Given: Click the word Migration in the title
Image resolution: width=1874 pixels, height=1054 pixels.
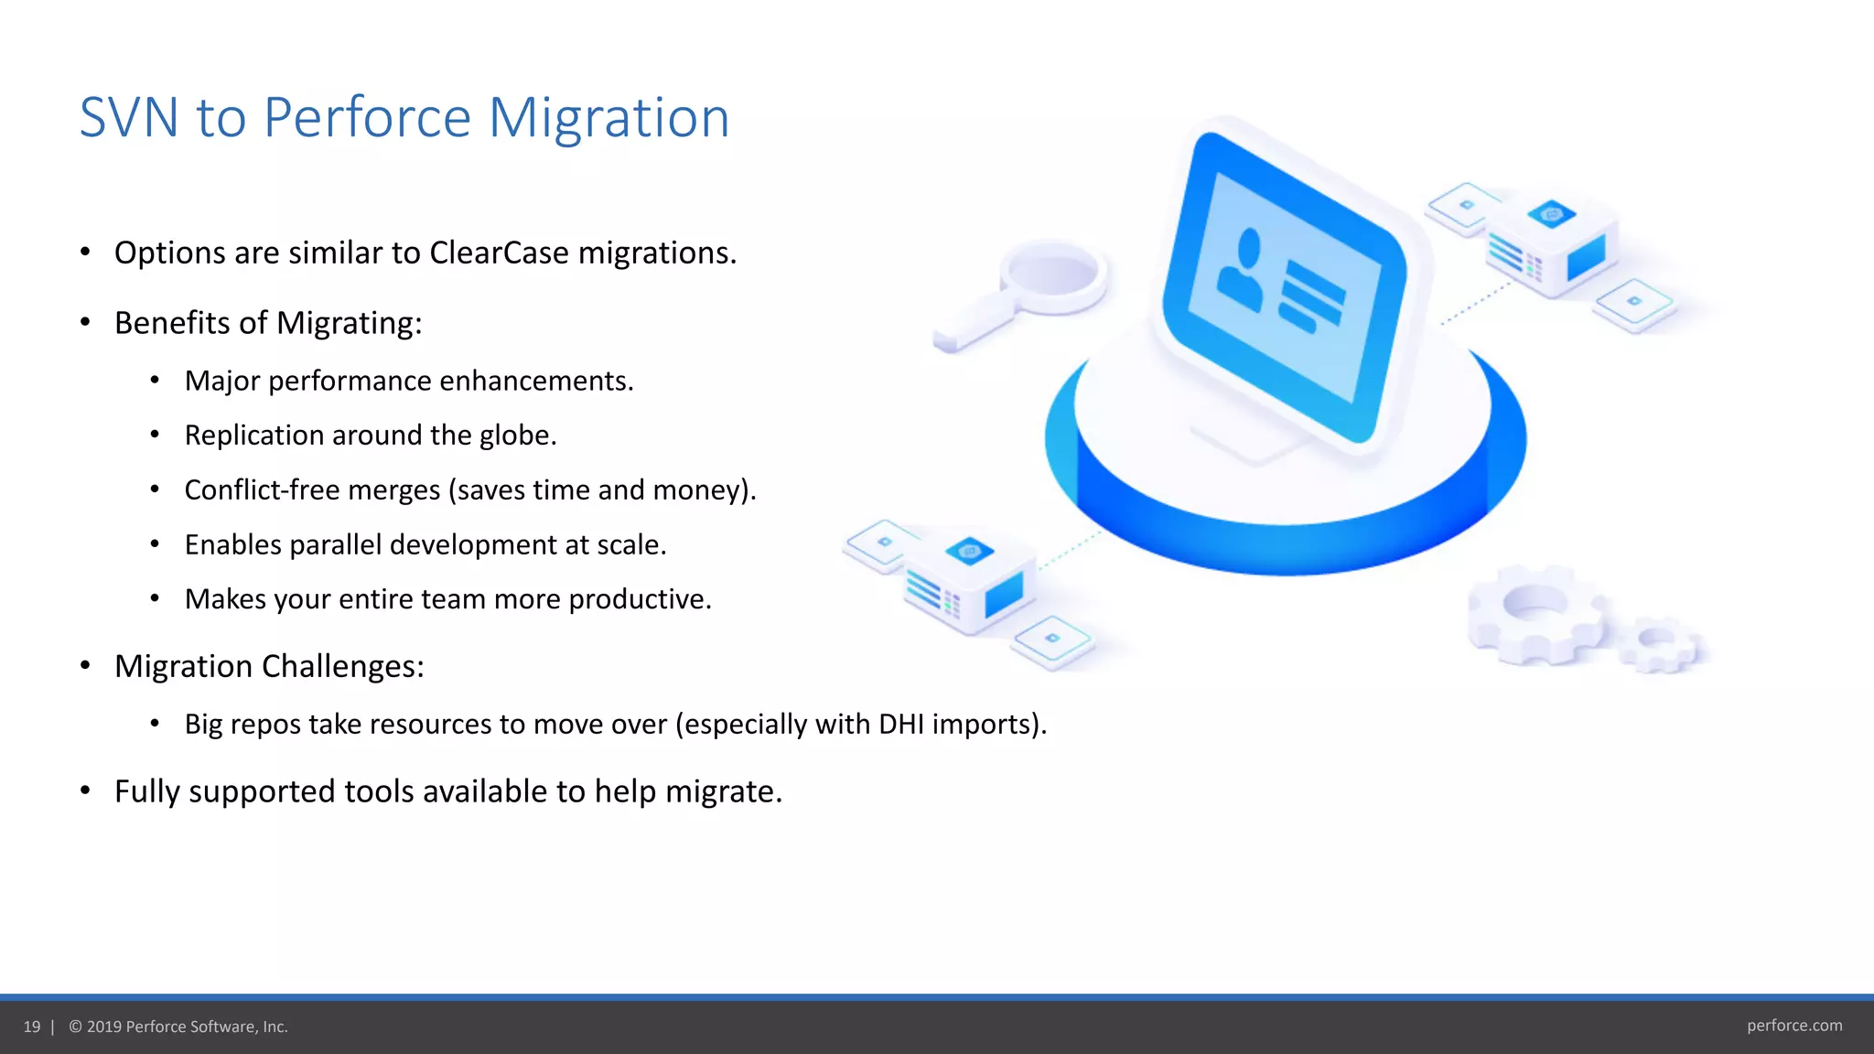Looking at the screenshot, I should click(609, 118).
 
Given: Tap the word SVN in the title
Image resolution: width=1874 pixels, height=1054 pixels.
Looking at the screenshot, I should click(128, 118).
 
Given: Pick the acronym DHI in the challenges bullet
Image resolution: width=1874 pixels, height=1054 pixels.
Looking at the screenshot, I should click(901, 725).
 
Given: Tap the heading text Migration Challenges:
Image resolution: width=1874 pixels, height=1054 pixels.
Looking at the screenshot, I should click(269, 667).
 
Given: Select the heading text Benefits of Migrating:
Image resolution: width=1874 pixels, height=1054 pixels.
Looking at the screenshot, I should click(268, 324).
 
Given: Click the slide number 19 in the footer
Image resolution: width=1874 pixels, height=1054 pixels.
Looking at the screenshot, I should click(32, 1027).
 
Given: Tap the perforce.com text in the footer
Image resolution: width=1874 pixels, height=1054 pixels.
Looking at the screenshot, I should click(1793, 1026).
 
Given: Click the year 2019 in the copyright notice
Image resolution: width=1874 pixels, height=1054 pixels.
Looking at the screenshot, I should click(104, 1027).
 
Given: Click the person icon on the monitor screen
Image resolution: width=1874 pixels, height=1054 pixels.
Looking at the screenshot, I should click(1240, 271).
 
